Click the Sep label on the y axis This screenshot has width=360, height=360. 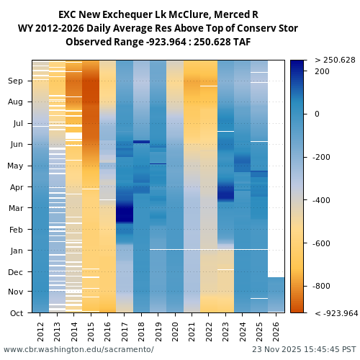point(16,81)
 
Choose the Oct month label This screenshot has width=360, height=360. point(16,313)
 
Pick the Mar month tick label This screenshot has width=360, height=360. point(16,208)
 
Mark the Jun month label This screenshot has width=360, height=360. point(16,144)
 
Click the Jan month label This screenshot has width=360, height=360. point(16,251)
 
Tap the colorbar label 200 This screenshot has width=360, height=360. point(322,71)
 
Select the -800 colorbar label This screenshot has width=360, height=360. point(322,286)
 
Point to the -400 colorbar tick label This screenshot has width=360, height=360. point(322,200)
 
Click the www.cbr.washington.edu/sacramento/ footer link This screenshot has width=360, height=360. point(78,349)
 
